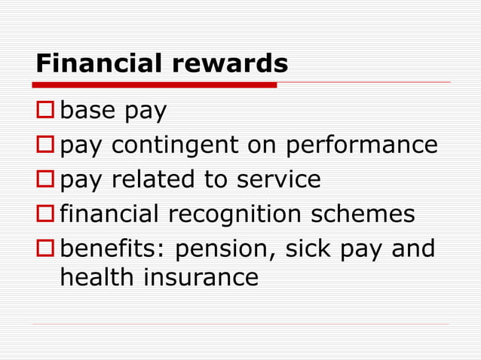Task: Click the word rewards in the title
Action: [229, 63]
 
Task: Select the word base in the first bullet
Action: [86, 111]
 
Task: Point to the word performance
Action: [360, 145]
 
